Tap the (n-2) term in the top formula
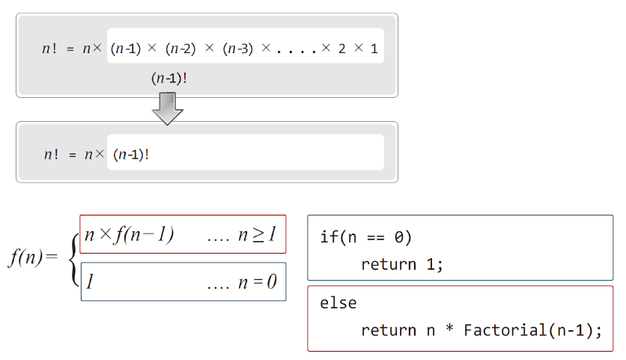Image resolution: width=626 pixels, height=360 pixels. [180, 49]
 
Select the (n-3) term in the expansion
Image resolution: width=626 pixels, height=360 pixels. [237, 49]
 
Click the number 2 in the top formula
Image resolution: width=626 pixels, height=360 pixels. [341, 49]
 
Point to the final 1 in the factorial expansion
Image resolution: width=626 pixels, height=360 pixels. [374, 49]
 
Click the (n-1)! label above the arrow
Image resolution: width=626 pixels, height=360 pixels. [168, 78]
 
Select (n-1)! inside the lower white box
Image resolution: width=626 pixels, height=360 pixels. [131, 155]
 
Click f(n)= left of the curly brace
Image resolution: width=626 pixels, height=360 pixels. [32, 258]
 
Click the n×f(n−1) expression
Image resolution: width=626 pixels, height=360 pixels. [129, 234]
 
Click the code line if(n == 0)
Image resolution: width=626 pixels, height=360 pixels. [366, 237]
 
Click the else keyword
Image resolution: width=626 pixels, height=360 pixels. [338, 303]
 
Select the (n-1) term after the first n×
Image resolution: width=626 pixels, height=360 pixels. [126, 49]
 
